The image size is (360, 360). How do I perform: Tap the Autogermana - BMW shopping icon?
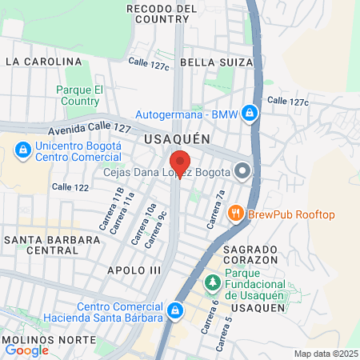point(250,113)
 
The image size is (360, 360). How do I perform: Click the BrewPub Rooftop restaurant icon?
point(235,213)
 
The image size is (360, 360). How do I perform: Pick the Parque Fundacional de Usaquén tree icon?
point(212,282)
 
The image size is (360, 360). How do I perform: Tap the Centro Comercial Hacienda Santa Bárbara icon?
point(175,310)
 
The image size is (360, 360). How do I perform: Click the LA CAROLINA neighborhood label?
point(43,61)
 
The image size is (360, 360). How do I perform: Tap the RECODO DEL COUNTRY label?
point(162,14)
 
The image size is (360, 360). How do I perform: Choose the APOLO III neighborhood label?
point(134,270)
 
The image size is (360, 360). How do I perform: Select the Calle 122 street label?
point(69,186)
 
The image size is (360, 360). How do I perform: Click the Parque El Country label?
point(78,95)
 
